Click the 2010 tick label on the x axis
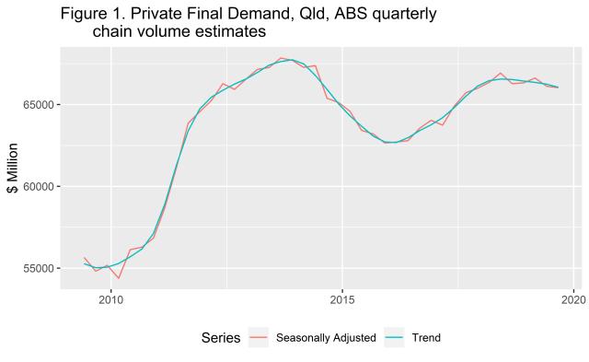click(110, 298)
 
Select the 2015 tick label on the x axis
click(342, 298)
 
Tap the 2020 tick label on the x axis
click(573, 298)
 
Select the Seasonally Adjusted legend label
click(327, 338)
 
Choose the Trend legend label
click(427, 338)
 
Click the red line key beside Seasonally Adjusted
click(260, 338)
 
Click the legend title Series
click(221, 338)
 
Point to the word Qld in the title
click(306, 15)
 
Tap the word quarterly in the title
click(401, 15)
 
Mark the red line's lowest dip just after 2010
click(119, 278)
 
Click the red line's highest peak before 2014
click(282, 58)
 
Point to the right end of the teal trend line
click(558, 88)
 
